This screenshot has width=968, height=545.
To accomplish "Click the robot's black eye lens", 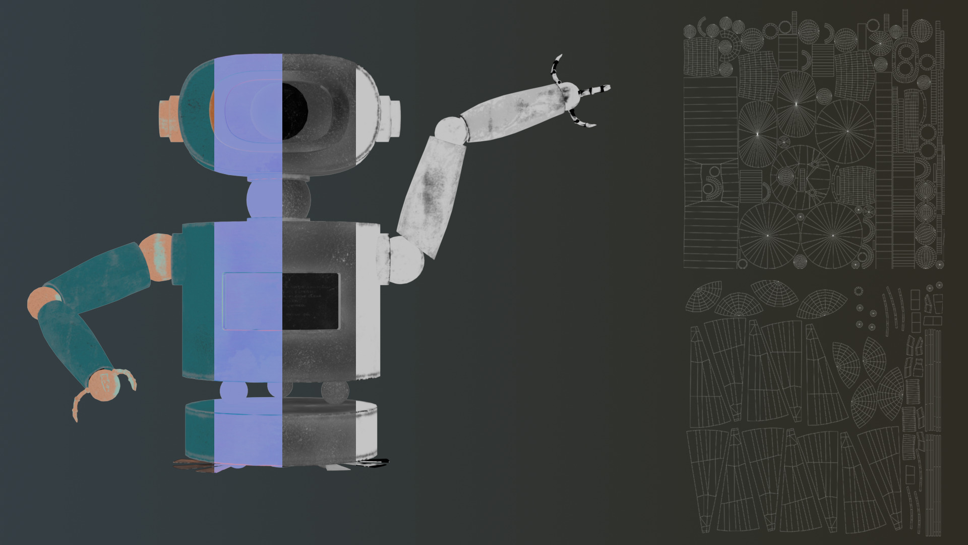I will point(294,111).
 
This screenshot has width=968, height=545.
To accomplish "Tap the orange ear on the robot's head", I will point(169,119).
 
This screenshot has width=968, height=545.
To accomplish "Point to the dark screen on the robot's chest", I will point(310,301).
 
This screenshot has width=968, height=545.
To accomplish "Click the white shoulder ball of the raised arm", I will point(406,259).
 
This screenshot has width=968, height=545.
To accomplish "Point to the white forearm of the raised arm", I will point(514,108).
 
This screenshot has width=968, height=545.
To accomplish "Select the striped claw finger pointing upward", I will point(557,68).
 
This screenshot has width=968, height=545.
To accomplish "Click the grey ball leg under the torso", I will point(335,392).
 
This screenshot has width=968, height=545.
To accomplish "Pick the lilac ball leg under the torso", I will point(233,392).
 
